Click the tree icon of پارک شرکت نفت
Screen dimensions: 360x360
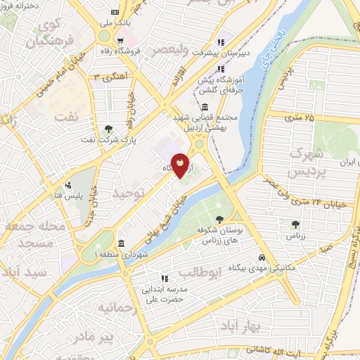(x=108, y=129)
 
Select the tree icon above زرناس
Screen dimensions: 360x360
(x=295, y=224)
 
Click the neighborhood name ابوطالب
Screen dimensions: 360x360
(x=199, y=271)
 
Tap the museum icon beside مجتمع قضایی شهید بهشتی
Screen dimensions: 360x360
(x=205, y=107)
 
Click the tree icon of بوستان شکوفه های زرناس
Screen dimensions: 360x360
(x=221, y=219)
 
